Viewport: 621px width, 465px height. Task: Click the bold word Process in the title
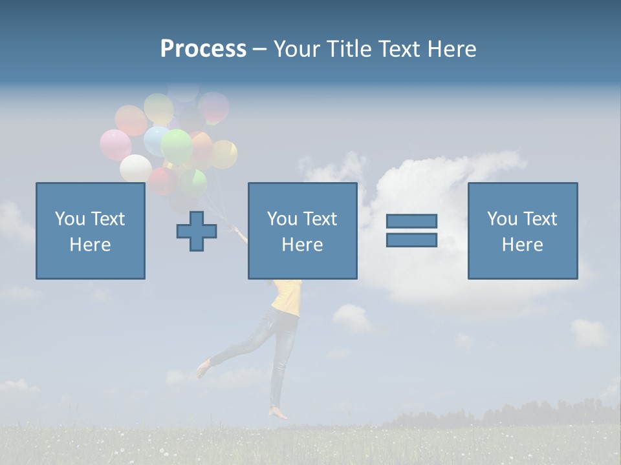[x=203, y=49]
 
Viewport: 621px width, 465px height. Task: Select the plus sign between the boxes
[x=197, y=231]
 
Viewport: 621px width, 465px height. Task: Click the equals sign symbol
[x=411, y=231]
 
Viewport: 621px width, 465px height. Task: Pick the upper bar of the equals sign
[x=411, y=222]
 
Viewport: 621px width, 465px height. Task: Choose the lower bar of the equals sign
[x=411, y=240]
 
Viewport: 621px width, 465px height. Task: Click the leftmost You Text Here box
[x=91, y=231]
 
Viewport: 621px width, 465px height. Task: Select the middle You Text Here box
[x=302, y=231]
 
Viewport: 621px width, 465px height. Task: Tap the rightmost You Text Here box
[x=523, y=231]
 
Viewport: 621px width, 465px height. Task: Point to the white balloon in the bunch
[x=135, y=168]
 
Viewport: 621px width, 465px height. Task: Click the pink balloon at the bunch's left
[x=115, y=145]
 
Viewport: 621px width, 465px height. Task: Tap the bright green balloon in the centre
[x=176, y=146]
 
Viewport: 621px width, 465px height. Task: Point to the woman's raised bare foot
[x=203, y=369]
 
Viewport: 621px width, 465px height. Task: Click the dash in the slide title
[x=259, y=49]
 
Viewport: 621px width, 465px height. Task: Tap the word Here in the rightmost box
[x=523, y=245]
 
